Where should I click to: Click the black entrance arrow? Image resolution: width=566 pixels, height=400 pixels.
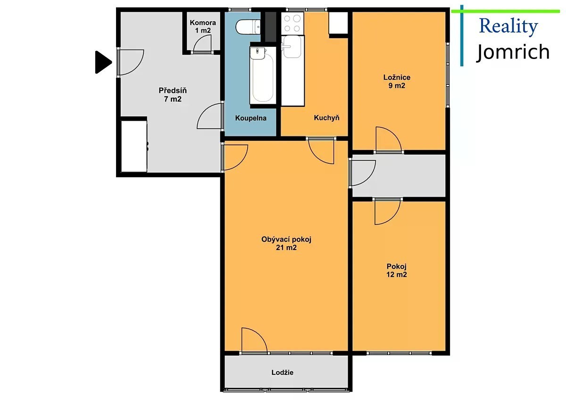point(103,62)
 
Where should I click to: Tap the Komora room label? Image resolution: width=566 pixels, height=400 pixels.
point(203,26)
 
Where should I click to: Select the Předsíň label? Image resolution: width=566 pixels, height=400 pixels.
point(173,94)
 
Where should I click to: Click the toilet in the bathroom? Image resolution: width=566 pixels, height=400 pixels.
point(248,27)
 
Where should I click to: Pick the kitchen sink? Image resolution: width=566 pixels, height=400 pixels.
point(292,47)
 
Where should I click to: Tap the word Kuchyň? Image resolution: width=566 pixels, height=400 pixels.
point(326,118)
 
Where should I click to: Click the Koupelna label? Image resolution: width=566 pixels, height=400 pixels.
point(250,118)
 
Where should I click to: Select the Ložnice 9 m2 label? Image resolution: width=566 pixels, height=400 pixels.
point(397,81)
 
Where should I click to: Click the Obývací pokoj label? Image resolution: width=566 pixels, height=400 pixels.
point(286,239)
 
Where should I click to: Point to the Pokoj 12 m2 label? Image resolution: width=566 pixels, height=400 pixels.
point(397,270)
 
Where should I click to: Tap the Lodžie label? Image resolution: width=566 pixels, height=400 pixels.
point(283,372)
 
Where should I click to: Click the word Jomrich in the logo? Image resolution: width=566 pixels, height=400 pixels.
point(513,52)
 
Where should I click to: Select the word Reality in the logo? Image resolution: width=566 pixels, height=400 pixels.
point(508,26)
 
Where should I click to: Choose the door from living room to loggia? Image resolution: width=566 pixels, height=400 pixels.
point(254,340)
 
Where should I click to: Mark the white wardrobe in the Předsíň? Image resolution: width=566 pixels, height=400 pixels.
point(134,146)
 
